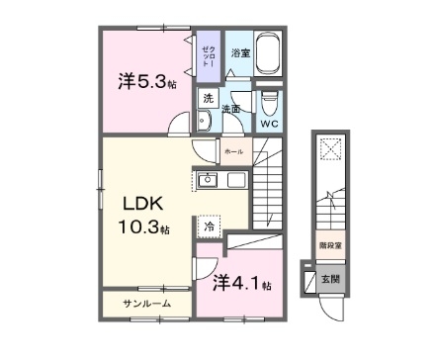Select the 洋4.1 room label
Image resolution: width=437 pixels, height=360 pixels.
click(x=241, y=284)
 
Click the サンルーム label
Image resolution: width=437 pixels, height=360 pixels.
click(x=145, y=301)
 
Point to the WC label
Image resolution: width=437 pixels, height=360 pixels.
click(x=270, y=123)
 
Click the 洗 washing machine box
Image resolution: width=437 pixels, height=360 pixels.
click(x=208, y=98)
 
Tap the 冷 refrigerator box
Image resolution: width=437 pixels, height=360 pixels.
click(x=210, y=225)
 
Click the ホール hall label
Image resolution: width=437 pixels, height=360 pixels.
click(x=233, y=151)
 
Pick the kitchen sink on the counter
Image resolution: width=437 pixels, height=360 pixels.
click(x=209, y=180)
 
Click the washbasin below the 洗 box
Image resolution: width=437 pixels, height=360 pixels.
click(x=203, y=122)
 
